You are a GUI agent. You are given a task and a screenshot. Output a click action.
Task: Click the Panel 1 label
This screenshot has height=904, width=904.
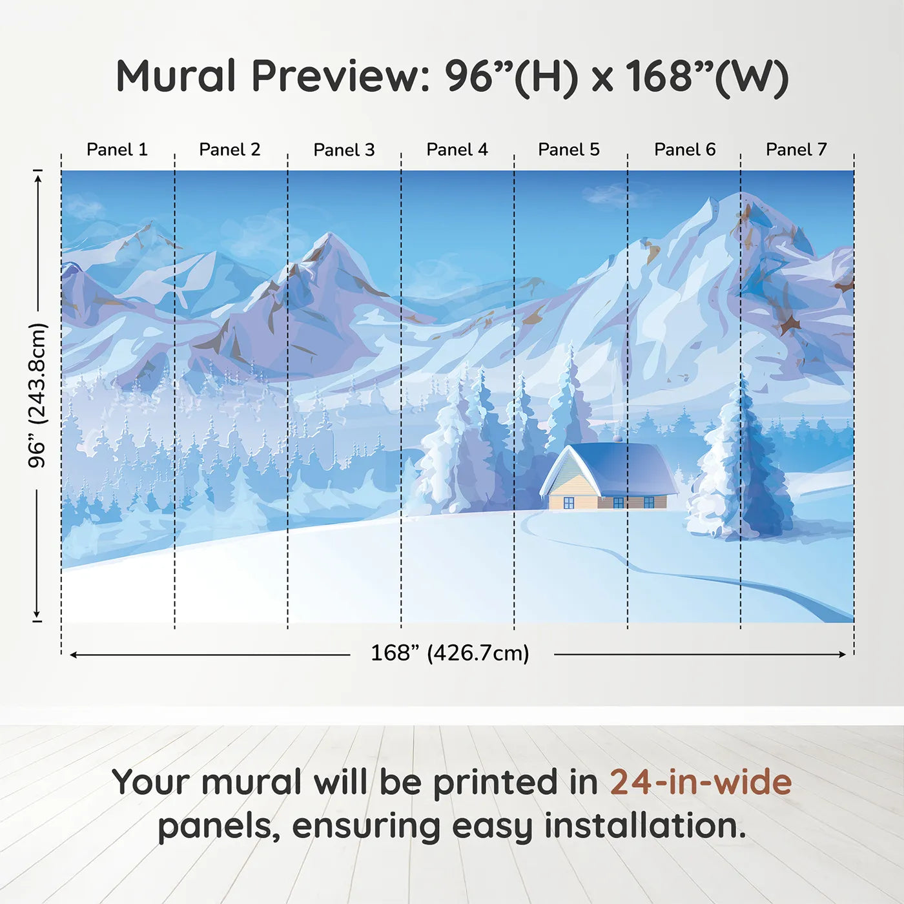[x=118, y=150]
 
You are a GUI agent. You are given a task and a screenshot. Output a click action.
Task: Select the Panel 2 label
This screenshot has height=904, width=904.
[x=230, y=150]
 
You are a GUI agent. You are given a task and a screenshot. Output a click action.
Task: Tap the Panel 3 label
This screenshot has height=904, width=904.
[x=344, y=150]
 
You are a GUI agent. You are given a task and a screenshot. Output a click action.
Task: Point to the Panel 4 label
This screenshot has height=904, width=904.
[x=457, y=150]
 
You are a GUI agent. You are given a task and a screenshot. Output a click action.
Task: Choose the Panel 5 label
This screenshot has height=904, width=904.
[x=569, y=150]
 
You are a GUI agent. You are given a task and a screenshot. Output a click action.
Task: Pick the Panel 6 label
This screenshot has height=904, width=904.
[x=685, y=150]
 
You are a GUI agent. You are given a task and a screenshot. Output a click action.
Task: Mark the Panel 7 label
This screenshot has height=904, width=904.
[x=796, y=150]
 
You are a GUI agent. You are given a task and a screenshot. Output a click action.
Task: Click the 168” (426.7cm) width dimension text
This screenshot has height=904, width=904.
[x=450, y=653]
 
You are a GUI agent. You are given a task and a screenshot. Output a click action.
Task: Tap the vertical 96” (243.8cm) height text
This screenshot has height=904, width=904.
[x=37, y=395]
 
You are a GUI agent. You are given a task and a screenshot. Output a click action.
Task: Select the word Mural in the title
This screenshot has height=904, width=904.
[x=176, y=76]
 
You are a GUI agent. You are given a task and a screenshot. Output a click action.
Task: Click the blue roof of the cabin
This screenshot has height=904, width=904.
[x=619, y=467]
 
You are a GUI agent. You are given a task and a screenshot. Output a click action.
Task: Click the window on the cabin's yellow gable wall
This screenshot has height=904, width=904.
[x=569, y=503]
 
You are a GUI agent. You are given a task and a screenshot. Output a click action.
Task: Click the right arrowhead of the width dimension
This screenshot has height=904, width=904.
[x=843, y=654]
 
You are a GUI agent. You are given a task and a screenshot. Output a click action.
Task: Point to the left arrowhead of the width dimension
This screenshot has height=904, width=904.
[x=73, y=654]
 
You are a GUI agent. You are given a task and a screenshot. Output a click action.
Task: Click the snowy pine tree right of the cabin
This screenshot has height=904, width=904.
[x=737, y=464]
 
